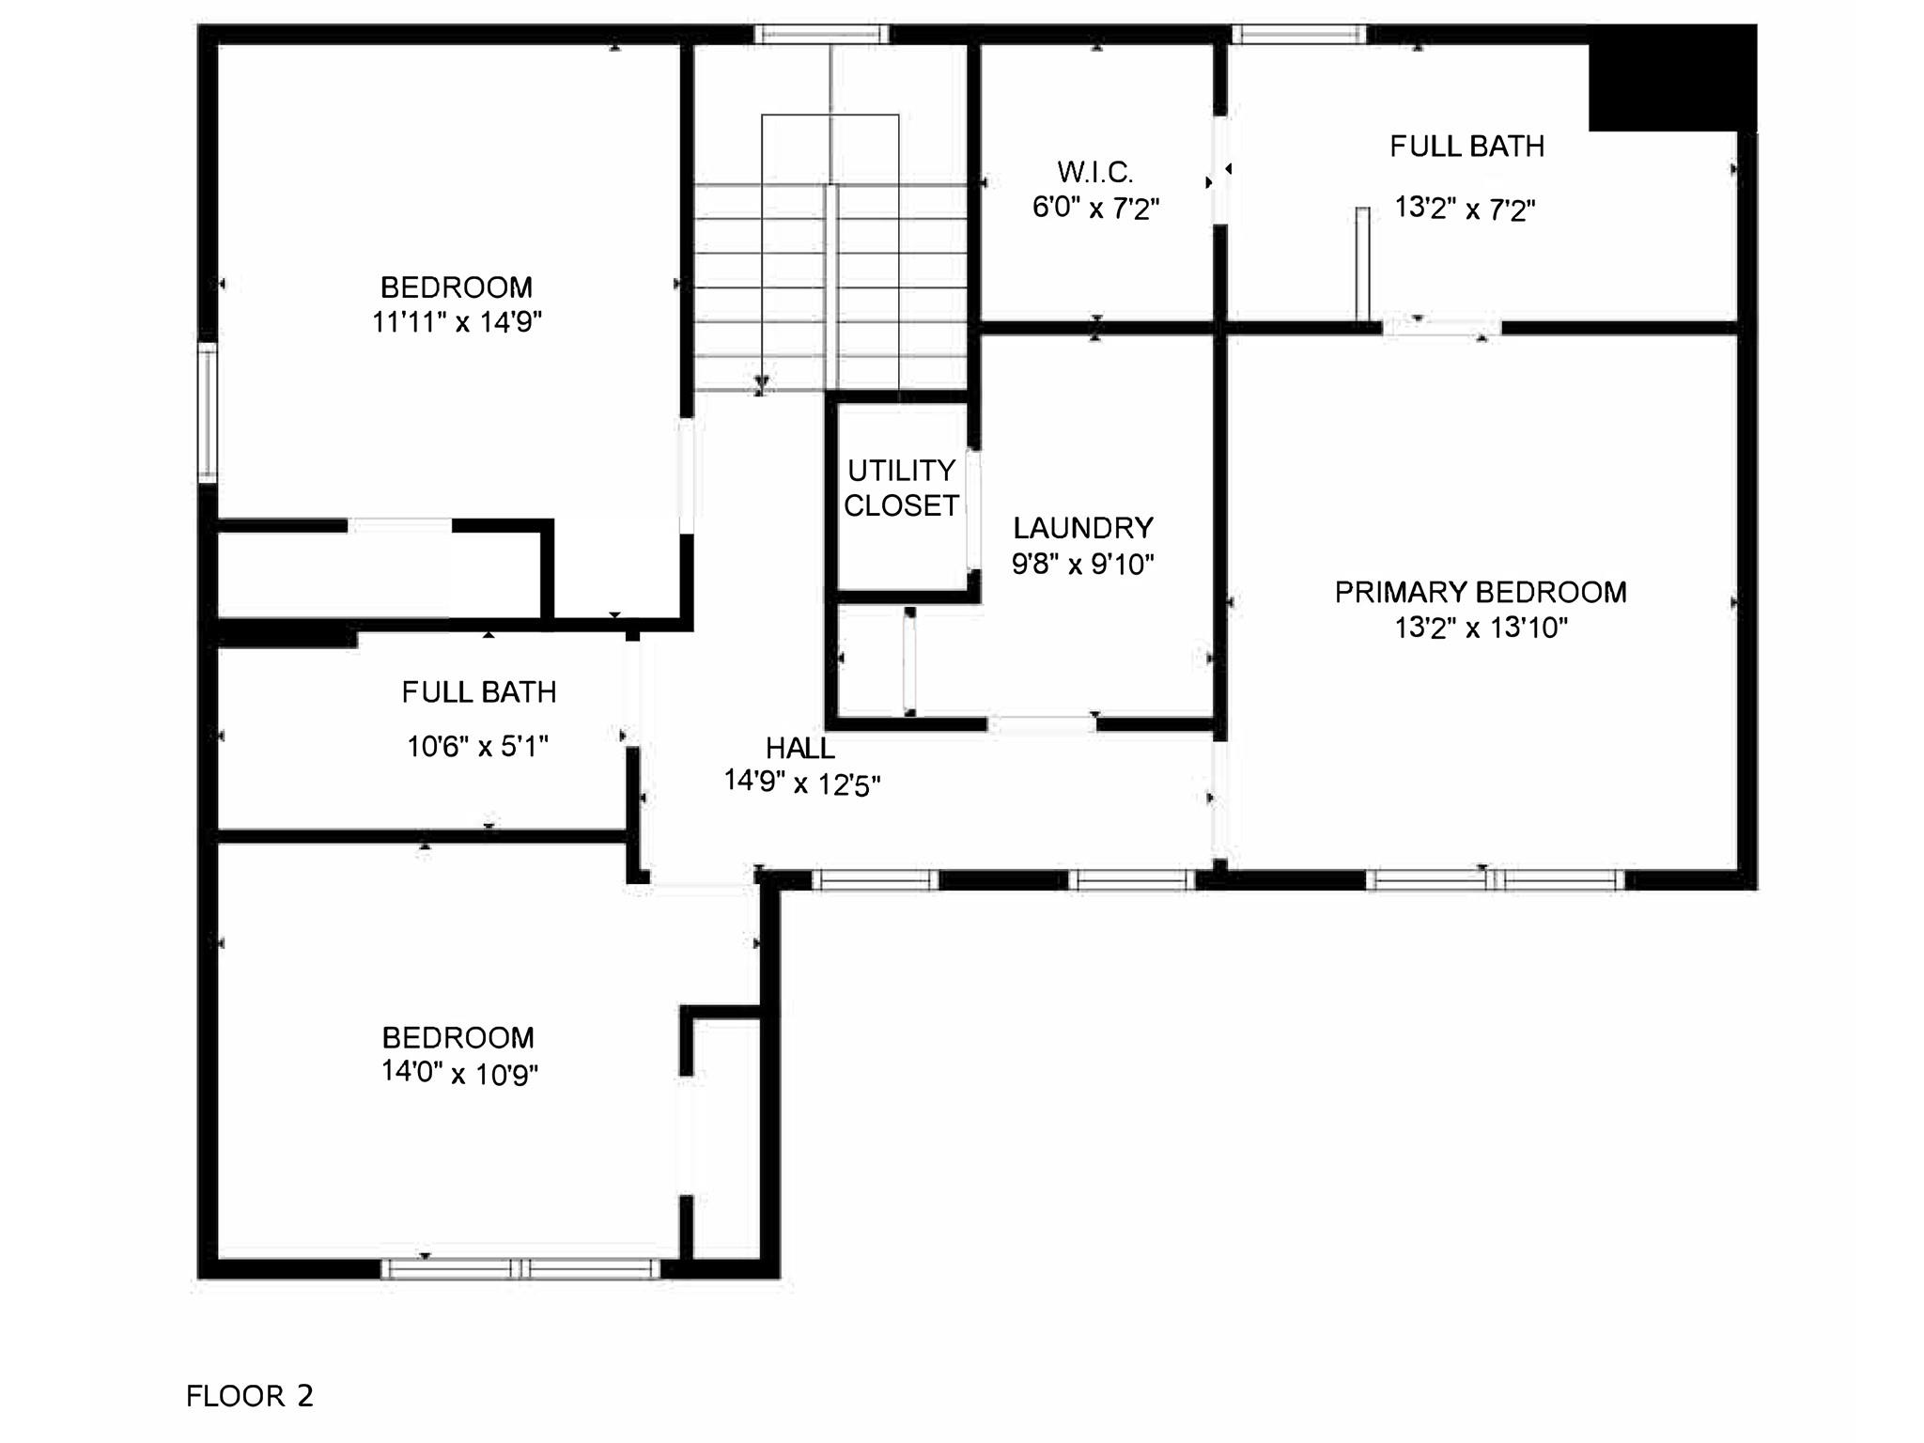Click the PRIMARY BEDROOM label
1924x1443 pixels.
[x=1481, y=593]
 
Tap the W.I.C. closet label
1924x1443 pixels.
[x=1095, y=172]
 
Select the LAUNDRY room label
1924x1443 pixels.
[x=1082, y=528]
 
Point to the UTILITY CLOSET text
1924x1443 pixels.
[x=901, y=488]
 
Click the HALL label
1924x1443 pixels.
[x=799, y=749]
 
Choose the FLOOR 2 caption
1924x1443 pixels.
[x=250, y=1396]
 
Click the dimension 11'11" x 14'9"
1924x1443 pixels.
[x=457, y=322]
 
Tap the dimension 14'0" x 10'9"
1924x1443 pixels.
[x=458, y=1073]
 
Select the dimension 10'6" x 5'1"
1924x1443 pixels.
[x=477, y=747]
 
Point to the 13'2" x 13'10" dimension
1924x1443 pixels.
[x=1481, y=628]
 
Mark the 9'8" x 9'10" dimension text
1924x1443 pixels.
[x=1082, y=564]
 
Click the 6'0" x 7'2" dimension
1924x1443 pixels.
[x=1095, y=208]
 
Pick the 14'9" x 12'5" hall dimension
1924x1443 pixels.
[x=801, y=782]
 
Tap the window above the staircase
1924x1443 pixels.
[x=822, y=35]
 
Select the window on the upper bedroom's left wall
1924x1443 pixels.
[x=208, y=413]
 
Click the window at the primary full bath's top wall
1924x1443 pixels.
[x=1299, y=35]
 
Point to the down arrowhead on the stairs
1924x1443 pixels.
[x=762, y=384]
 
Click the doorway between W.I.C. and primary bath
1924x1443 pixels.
[x=1220, y=170]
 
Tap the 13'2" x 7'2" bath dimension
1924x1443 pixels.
[x=1465, y=208]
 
